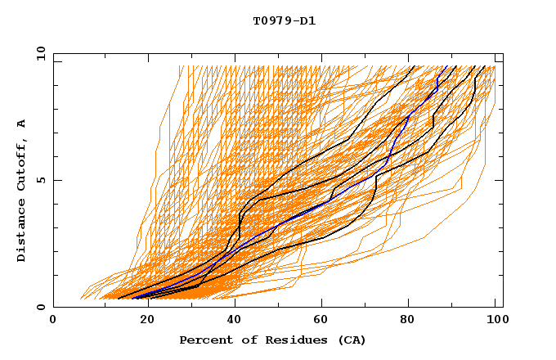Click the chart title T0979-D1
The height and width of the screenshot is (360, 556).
tap(284, 20)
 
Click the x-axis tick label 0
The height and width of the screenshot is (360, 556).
tap(53, 322)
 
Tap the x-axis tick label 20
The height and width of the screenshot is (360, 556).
tap(142, 322)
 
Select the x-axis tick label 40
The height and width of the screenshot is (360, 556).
tap(231, 322)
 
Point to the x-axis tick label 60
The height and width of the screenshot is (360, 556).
tap(319, 322)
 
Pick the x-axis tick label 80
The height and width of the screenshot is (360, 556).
tap(407, 322)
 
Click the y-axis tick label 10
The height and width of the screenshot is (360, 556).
tap(39, 53)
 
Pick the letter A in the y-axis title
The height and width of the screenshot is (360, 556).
tap(22, 124)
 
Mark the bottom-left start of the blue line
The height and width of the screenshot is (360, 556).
tap(132, 297)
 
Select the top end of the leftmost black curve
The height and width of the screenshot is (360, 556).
tap(415, 66)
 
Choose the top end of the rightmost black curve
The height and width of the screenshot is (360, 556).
tap(485, 66)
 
